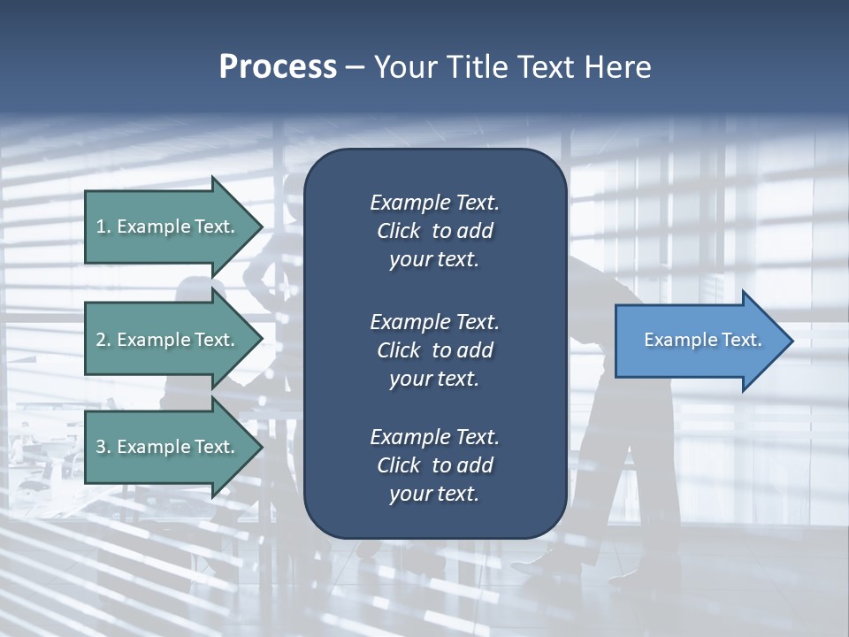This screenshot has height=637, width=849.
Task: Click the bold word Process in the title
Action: point(278,67)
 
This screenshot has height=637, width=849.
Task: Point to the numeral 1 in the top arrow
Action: point(101,226)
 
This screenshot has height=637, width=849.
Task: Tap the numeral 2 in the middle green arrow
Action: point(101,340)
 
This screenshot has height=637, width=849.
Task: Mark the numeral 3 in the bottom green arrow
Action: point(101,447)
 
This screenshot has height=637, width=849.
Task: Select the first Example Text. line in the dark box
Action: point(434,203)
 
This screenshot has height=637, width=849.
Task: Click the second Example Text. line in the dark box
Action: point(434,321)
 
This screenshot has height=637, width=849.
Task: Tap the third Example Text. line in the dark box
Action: point(434,437)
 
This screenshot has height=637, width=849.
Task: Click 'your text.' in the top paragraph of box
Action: point(434,260)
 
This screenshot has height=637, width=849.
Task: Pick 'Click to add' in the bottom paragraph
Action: point(434,465)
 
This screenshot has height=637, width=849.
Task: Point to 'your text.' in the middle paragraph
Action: point(434,379)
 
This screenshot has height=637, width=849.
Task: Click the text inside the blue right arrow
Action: point(703,340)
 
